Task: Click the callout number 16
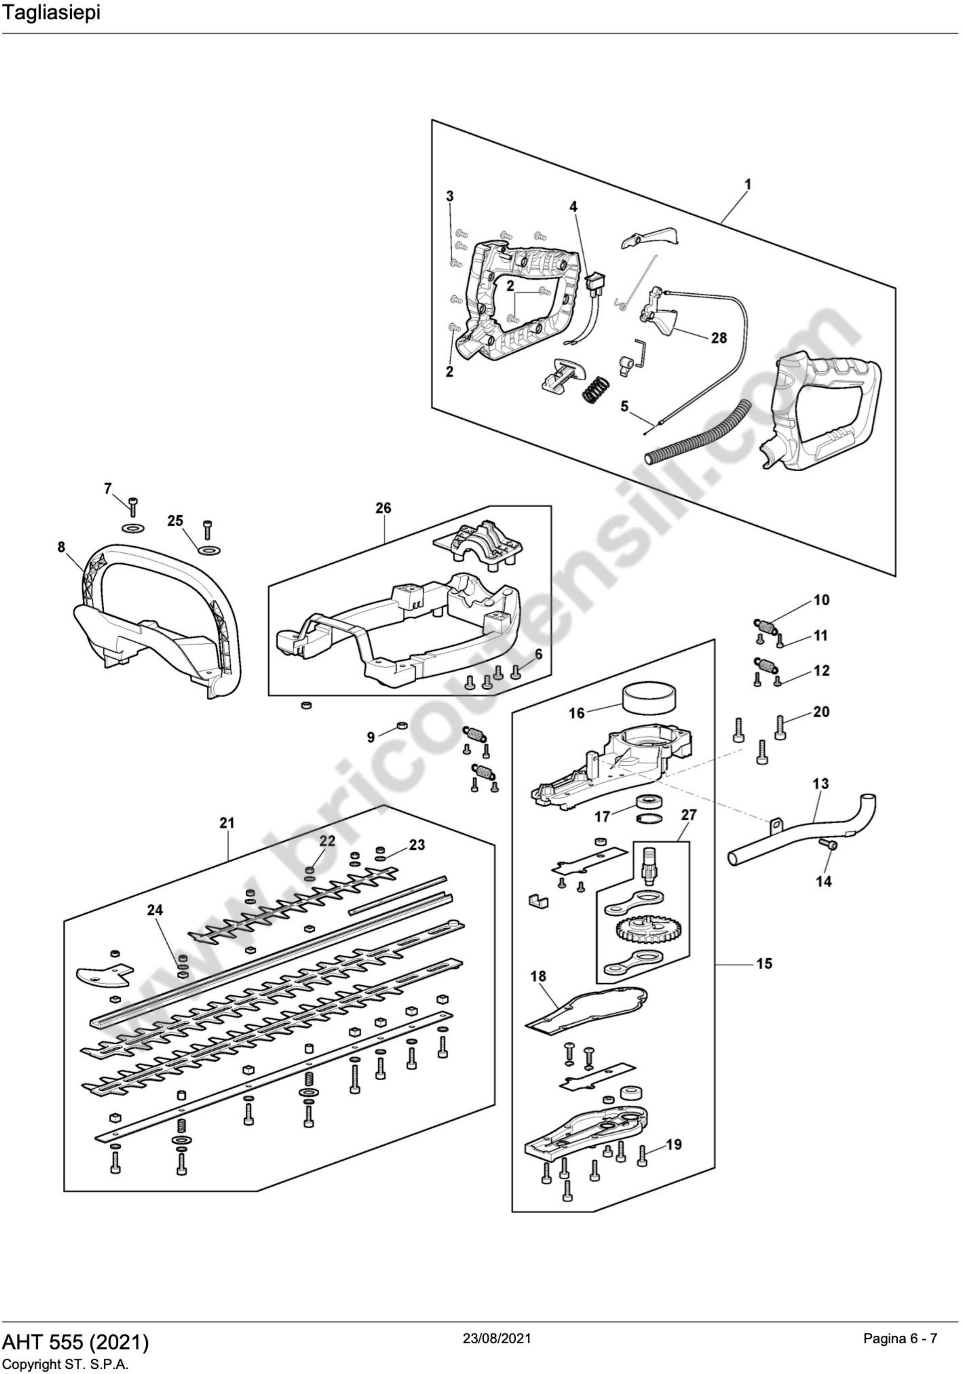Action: (576, 713)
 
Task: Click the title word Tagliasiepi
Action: (50, 14)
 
